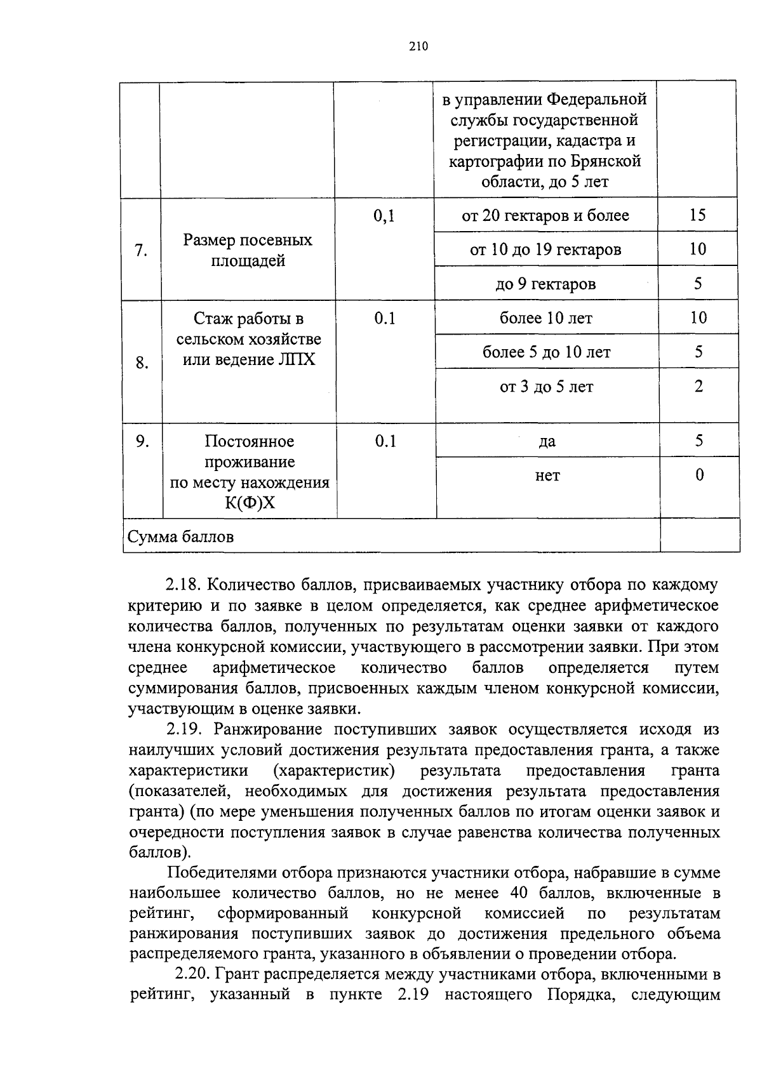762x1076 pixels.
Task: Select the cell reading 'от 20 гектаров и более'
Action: [x=545, y=216]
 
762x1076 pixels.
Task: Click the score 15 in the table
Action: [x=697, y=215]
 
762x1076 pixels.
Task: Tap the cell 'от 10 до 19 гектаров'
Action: [x=545, y=249]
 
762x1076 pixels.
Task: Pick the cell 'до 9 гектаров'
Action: [x=545, y=284]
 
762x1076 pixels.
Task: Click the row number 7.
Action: [x=141, y=250]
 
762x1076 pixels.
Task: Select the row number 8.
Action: [x=142, y=363]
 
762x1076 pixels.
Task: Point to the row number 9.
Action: [x=142, y=441]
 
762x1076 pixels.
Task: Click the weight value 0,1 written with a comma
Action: [x=384, y=216]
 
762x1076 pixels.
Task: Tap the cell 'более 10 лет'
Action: [x=546, y=318]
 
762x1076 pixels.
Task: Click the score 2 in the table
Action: [x=698, y=386]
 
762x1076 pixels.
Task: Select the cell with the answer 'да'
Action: [x=547, y=441]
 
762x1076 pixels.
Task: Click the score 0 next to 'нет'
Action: [x=699, y=475]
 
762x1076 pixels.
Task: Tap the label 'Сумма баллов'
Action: [x=181, y=537]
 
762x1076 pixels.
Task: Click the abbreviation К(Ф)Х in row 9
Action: [x=250, y=503]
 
